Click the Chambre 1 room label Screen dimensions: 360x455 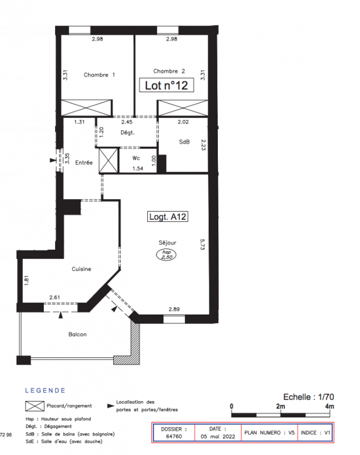pos(99,75)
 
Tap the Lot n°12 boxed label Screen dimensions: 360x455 pos(167,85)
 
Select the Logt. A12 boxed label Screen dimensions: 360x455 pos(168,217)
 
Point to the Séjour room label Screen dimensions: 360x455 pos(167,243)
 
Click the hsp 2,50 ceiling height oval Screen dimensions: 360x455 pos(167,254)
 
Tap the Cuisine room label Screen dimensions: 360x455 pos(81,269)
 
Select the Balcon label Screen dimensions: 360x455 pos(77,334)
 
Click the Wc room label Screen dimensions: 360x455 pos(136,158)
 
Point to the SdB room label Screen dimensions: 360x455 pos(184,142)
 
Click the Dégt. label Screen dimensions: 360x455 pos(127,133)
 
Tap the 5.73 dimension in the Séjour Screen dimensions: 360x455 pos(202,245)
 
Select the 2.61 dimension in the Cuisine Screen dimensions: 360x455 pos(55,297)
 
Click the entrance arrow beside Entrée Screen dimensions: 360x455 pos(53,160)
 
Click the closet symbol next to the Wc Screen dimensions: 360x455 pos(109,160)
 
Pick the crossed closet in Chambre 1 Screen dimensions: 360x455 pos(86,108)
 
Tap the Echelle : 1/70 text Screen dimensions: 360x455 pos(308,396)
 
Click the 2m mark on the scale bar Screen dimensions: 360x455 pos(280,406)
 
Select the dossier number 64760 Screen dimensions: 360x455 pos(174,436)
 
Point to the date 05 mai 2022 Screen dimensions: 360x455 pos(218,436)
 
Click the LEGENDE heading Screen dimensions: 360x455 pos(45,390)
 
